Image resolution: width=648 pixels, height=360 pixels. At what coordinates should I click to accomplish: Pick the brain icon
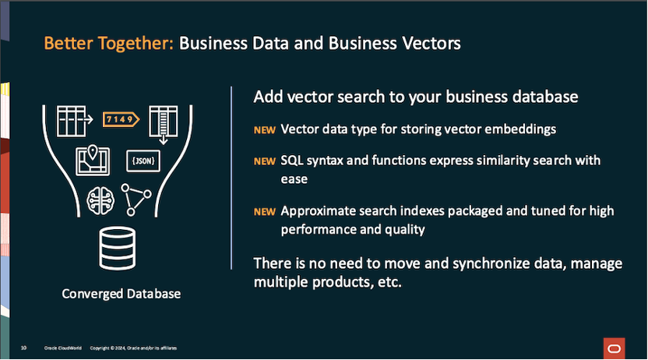pyautogui.click(x=100, y=198)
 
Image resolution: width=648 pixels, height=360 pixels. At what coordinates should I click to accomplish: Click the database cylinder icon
pyautogui.click(x=121, y=249)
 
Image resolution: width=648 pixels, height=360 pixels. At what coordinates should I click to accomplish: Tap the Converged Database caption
pyautogui.click(x=121, y=295)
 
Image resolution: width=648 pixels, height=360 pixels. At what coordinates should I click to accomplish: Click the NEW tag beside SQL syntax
pyautogui.click(x=264, y=161)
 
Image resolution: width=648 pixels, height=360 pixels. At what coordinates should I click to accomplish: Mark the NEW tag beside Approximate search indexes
pyautogui.click(x=264, y=211)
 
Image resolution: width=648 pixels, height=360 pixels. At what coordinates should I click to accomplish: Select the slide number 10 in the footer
pyautogui.click(x=24, y=347)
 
